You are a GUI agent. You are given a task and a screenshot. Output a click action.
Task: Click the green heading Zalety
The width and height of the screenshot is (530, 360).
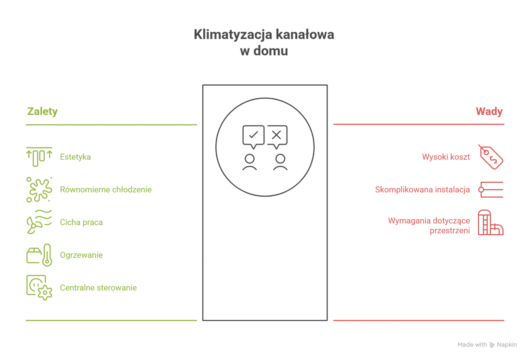tap(42, 111)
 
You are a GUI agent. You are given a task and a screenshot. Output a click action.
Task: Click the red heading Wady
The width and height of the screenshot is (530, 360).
tap(489, 111)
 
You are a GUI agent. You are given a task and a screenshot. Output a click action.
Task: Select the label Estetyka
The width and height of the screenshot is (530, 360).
tap(75, 157)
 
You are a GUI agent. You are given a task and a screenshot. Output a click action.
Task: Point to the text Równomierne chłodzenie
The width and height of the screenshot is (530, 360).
tap(106, 190)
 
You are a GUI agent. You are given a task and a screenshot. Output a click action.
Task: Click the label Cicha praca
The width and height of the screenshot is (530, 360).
tap(81, 222)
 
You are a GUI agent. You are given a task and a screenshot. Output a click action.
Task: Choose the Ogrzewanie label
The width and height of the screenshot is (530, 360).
tap(81, 255)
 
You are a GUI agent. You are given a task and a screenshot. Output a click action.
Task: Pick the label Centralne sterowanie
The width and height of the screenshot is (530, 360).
tap(98, 288)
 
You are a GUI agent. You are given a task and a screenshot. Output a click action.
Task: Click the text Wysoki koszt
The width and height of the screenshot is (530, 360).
tap(446, 157)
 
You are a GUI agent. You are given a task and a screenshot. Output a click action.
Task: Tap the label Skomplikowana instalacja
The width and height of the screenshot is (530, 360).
tap(422, 190)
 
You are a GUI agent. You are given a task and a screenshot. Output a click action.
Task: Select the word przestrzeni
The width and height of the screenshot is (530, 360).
tap(450, 230)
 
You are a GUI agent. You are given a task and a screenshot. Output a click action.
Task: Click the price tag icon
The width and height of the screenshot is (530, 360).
tap(491, 157)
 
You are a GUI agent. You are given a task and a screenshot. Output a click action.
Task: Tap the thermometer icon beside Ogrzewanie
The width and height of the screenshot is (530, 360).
tap(47, 255)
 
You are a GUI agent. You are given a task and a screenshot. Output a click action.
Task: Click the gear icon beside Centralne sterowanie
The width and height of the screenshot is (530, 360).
tap(45, 293)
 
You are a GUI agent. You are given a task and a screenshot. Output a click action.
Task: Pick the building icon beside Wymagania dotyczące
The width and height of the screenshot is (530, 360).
tap(491, 222)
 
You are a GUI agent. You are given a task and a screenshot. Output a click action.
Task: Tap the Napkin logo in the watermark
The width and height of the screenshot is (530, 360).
tap(492, 345)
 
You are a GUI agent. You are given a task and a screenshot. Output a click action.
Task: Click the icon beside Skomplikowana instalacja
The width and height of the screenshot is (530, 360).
tap(491, 190)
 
